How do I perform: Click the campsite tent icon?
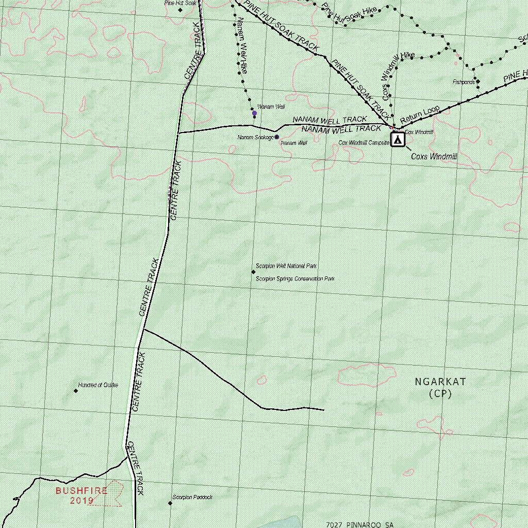(x=397, y=140)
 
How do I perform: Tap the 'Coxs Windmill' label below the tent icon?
(x=434, y=156)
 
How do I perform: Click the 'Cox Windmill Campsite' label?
(x=364, y=143)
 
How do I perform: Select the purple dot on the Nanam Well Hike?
(x=254, y=113)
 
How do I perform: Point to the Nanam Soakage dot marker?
(x=277, y=137)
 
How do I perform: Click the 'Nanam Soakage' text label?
(x=255, y=138)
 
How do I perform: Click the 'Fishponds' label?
(x=464, y=82)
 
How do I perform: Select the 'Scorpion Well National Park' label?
(x=286, y=267)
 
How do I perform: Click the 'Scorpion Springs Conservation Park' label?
(x=295, y=279)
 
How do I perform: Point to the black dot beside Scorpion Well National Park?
(x=253, y=272)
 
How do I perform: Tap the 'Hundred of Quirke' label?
(x=98, y=385)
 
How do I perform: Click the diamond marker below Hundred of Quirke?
(x=76, y=391)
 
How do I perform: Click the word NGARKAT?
(x=440, y=382)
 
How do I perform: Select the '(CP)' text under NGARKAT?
(x=440, y=394)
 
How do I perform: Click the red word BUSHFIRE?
(x=81, y=490)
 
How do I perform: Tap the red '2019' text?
(x=82, y=500)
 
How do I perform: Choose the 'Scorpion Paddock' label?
(x=192, y=498)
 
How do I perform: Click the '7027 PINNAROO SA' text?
(x=359, y=524)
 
